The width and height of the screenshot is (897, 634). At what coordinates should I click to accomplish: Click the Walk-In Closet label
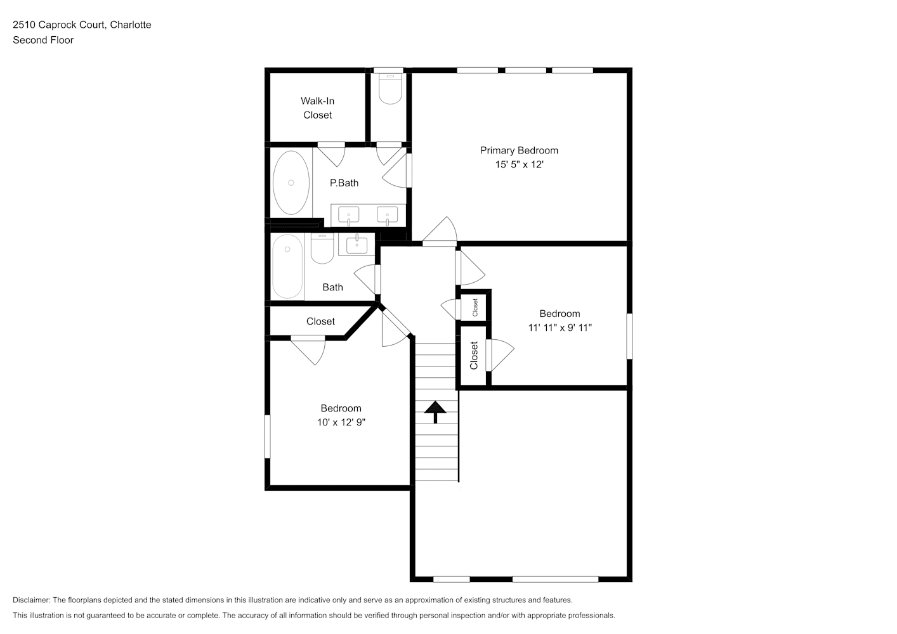click(x=318, y=108)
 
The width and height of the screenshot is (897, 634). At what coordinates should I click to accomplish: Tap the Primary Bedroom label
click(x=519, y=150)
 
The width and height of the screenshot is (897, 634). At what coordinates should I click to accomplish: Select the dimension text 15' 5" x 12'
click(x=519, y=164)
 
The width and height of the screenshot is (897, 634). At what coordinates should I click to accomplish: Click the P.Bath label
click(x=344, y=183)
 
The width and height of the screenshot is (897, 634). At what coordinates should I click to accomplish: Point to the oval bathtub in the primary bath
click(x=291, y=183)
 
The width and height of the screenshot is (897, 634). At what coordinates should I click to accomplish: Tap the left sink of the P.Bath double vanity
click(x=348, y=216)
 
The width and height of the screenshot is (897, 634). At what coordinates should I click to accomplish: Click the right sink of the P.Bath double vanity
click(x=387, y=216)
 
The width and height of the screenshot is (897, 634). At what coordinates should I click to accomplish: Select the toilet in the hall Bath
click(x=322, y=249)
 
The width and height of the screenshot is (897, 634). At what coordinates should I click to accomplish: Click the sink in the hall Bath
click(x=357, y=245)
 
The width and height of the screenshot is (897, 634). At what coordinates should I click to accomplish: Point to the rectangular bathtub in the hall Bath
click(x=287, y=266)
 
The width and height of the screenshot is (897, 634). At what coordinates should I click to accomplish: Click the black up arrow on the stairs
click(x=435, y=412)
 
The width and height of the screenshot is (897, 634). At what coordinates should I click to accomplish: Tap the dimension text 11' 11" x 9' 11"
click(x=560, y=328)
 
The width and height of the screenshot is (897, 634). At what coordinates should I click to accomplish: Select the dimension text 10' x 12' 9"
click(x=341, y=422)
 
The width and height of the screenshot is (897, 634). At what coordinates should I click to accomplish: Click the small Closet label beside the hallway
click(x=475, y=307)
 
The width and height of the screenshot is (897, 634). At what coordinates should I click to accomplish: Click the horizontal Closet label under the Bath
click(x=320, y=321)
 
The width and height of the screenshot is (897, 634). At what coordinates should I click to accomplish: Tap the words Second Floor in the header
click(x=43, y=40)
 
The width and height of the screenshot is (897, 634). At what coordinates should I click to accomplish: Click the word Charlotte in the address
click(x=131, y=25)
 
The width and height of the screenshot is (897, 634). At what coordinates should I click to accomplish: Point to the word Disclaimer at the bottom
click(x=31, y=600)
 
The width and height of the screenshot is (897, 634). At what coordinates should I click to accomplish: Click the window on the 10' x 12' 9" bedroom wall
click(x=267, y=437)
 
